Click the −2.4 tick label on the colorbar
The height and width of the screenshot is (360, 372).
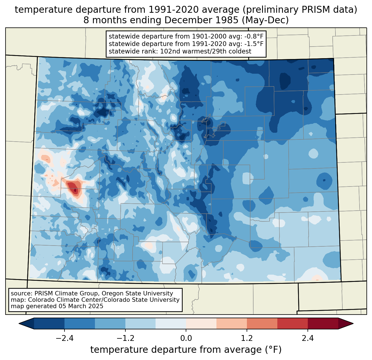click(64, 338)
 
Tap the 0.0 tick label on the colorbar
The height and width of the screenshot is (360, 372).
click(186, 338)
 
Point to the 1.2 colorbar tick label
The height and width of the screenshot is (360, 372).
click(247, 338)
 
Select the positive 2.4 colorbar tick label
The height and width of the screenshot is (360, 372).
click(308, 338)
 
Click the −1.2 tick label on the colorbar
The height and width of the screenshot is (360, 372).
click(125, 338)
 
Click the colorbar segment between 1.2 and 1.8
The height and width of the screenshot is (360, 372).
click(262, 323)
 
